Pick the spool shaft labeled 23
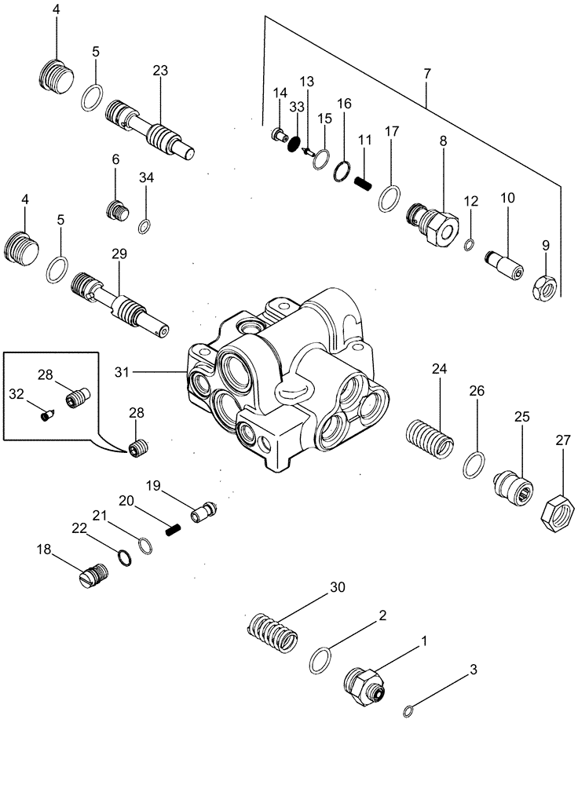coord(149,128)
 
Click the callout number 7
coord(427,74)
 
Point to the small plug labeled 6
coord(116,210)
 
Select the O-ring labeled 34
coord(144,227)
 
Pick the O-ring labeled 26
coord(473,465)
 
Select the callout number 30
coord(337,587)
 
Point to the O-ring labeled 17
coord(388,199)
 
